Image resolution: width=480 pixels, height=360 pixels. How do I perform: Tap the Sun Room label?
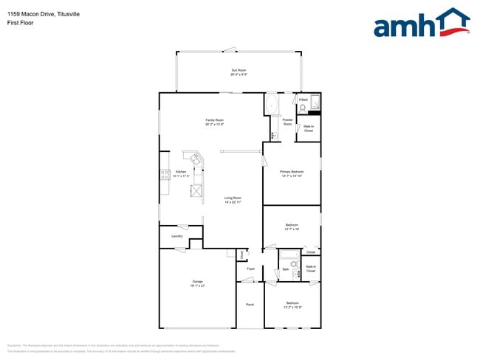tap(238, 72)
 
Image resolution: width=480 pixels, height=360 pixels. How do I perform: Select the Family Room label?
tap(214, 122)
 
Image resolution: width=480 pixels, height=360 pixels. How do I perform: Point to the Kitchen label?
tap(182, 173)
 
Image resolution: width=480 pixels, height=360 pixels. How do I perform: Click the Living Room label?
tap(233, 199)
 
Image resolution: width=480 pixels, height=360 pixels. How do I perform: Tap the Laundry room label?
tap(177, 236)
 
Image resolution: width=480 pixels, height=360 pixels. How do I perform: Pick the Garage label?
tap(197, 283)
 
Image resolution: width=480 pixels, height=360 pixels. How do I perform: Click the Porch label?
tap(250, 303)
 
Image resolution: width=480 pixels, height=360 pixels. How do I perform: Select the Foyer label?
tap(251, 269)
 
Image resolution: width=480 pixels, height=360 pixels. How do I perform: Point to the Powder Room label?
tap(287, 122)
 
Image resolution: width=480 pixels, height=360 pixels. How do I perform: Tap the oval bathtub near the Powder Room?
tap(271, 103)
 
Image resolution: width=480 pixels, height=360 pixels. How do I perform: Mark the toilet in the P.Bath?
tap(302, 108)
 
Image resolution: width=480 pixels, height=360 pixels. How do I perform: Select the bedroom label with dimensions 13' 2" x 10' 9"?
tap(292, 305)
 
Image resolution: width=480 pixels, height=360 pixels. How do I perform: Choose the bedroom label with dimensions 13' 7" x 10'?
tap(292, 226)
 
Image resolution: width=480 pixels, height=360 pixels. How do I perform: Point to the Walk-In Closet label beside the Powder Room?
tap(309, 128)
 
